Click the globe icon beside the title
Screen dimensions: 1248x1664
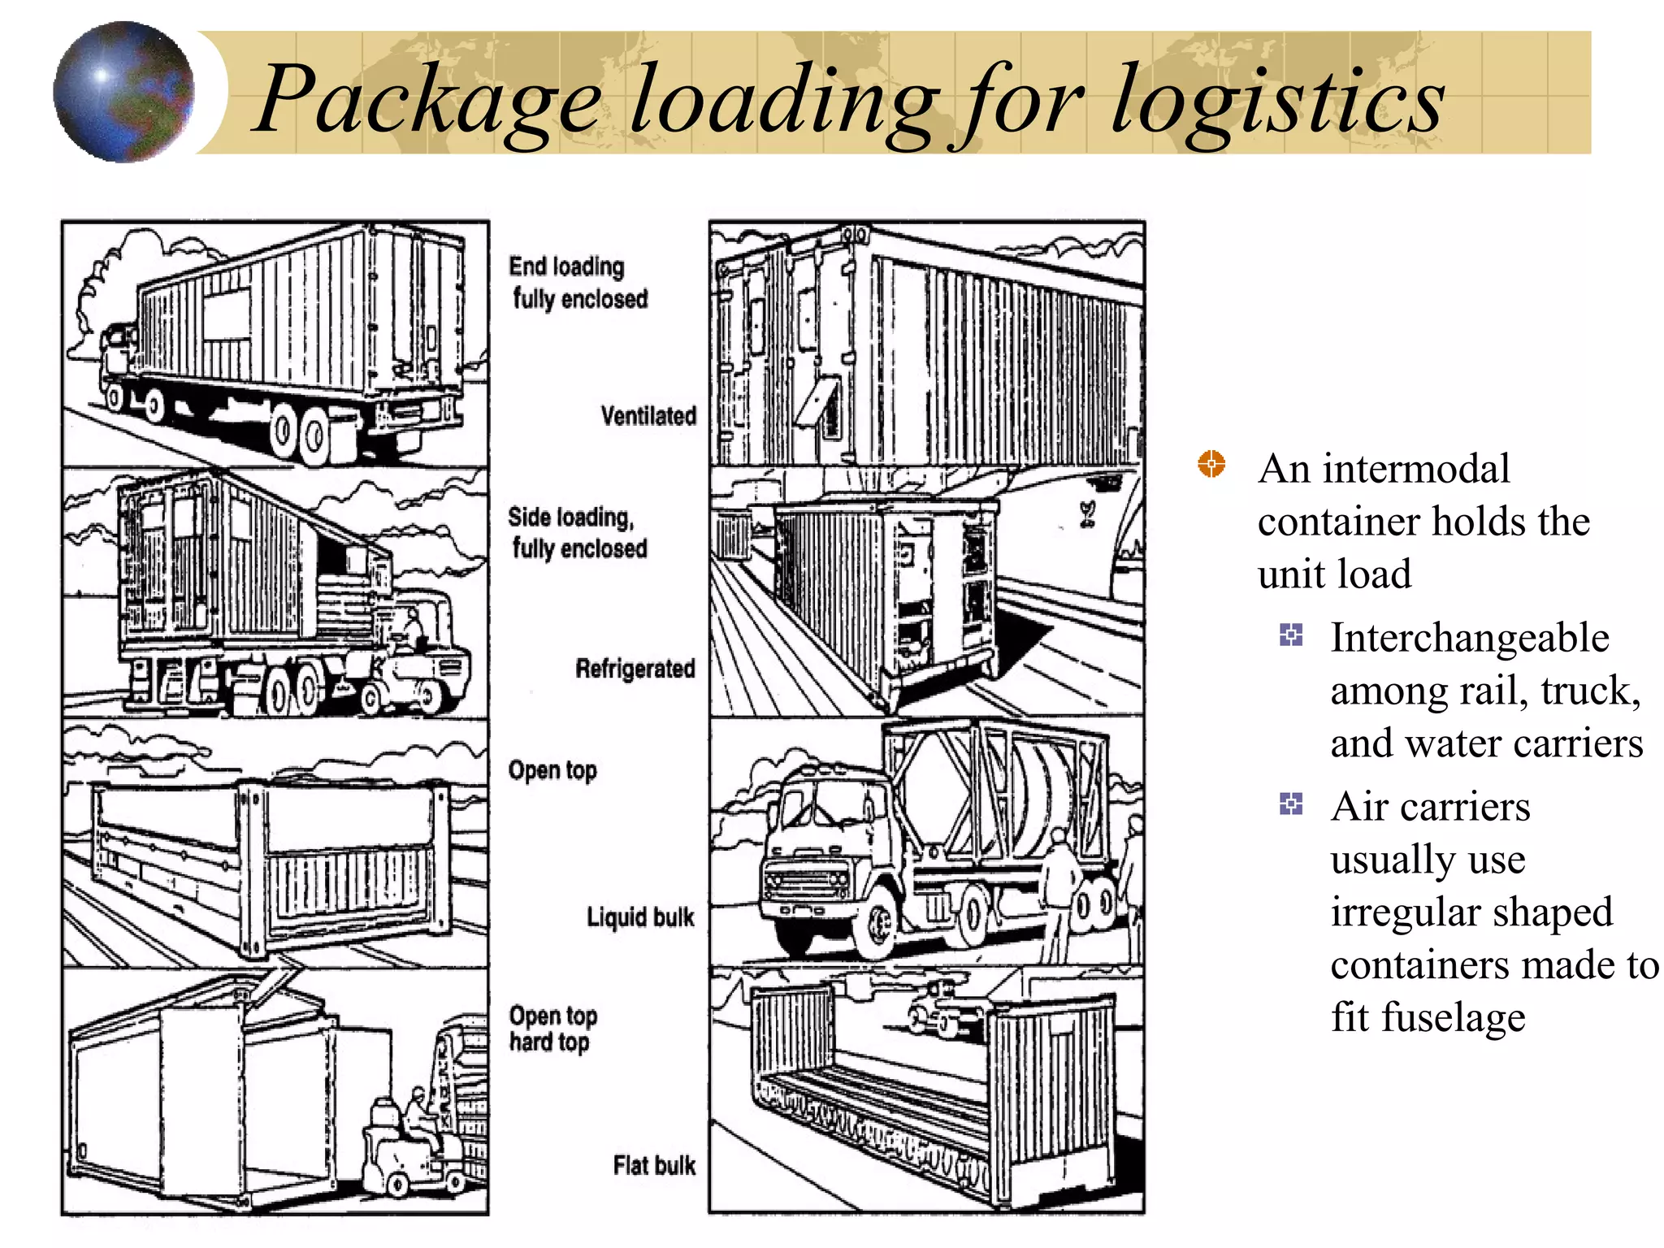point(123,92)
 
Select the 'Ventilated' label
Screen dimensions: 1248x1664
point(648,416)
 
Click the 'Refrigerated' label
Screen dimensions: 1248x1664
point(635,669)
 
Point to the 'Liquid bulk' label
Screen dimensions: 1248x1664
point(640,917)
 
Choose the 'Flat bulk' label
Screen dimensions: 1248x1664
point(654,1165)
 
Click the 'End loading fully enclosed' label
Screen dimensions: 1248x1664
point(578,283)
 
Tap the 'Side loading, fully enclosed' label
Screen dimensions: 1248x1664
point(578,532)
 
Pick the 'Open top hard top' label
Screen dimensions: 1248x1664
point(552,1029)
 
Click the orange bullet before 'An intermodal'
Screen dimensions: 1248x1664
point(1211,465)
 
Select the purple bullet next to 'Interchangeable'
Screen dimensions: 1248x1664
point(1290,635)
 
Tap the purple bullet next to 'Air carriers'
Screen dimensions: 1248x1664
point(1290,804)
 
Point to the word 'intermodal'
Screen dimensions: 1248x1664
point(1415,469)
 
